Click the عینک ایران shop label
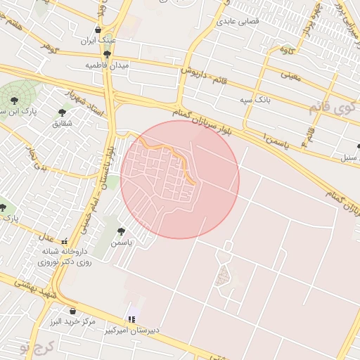pos(98,41)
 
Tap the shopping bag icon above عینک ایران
pos(98,30)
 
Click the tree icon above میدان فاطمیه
pos(107,53)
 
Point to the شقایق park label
pos(62,123)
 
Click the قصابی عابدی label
pos(238,22)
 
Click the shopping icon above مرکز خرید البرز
pos(72,311)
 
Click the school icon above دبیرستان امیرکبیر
pos(131,319)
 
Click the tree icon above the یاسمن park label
pos(121,230)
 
